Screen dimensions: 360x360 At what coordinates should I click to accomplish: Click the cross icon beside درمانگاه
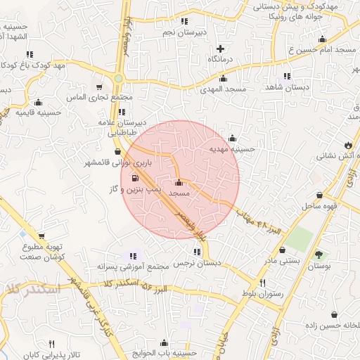(221, 49)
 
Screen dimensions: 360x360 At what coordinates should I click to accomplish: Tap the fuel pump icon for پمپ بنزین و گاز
(136, 178)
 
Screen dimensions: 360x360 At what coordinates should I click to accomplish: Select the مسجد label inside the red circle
(179, 192)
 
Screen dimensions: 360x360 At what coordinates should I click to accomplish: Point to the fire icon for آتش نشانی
(348, 145)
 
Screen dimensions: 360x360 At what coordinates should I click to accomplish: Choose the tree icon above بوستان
(320, 255)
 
